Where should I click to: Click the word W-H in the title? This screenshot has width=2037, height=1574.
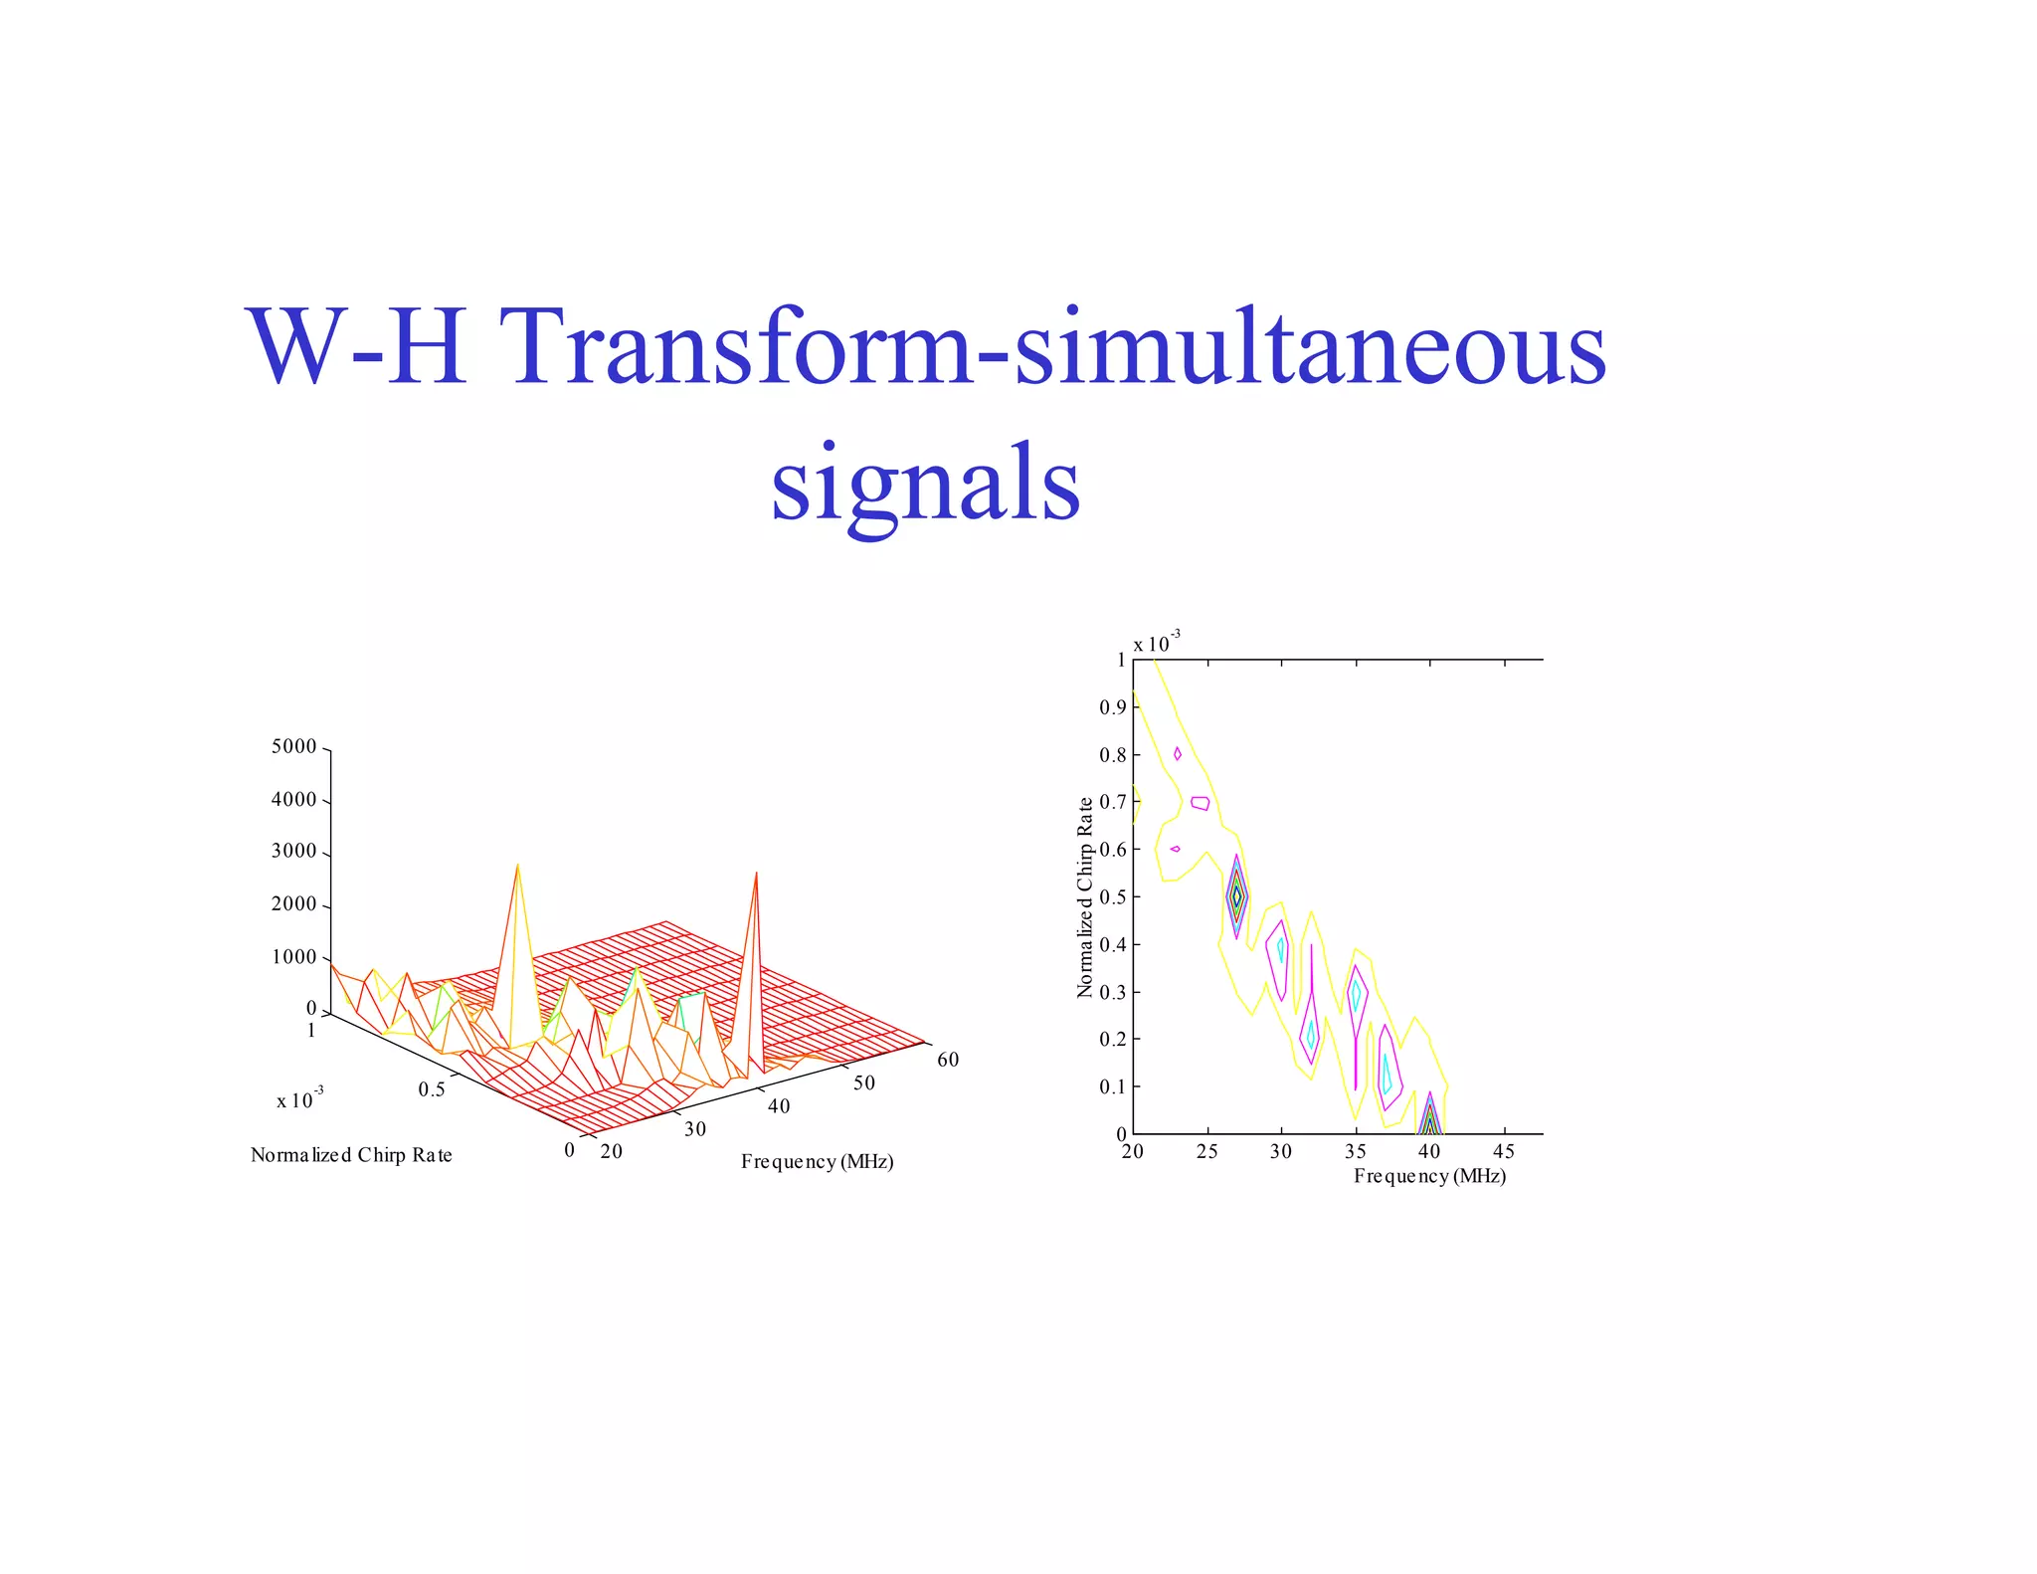356,348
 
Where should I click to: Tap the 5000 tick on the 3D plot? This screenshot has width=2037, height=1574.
293,747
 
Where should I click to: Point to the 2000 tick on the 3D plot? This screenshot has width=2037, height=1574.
293,904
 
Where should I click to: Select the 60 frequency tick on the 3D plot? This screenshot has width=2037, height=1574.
948,1060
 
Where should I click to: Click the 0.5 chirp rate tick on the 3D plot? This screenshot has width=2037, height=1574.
432,1089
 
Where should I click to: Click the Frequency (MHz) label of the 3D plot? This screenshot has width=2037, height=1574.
817,1162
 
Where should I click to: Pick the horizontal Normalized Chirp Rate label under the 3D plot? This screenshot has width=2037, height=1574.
351,1155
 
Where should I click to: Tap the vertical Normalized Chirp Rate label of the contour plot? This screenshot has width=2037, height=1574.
1085,896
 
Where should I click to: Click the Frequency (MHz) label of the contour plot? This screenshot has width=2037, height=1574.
1429,1176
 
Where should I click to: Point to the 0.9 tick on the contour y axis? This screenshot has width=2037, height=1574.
1112,707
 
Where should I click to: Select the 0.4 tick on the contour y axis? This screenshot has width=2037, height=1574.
1112,944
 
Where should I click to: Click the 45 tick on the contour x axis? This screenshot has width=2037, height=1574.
1504,1151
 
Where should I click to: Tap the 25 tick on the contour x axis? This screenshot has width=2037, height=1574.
1206,1151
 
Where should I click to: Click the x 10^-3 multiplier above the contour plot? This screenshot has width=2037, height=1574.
1157,643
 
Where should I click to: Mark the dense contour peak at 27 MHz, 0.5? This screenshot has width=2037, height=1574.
1236,896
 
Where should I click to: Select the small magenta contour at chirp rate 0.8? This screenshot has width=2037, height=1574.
1178,754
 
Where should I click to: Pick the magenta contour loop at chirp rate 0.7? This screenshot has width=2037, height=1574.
1201,803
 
